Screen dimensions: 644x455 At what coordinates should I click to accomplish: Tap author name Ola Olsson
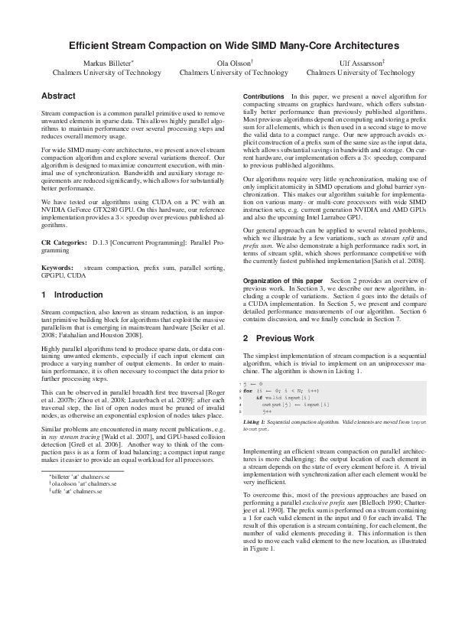click(x=232, y=63)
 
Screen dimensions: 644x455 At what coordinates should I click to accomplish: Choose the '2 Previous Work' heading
click(x=278, y=337)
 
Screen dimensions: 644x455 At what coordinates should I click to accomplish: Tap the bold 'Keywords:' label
click(x=57, y=268)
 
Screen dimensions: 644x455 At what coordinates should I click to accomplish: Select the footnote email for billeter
click(x=80, y=476)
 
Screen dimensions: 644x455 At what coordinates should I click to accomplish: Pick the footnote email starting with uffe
click(x=76, y=492)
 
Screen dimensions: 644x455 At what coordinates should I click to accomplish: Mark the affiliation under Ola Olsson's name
click(x=232, y=73)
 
